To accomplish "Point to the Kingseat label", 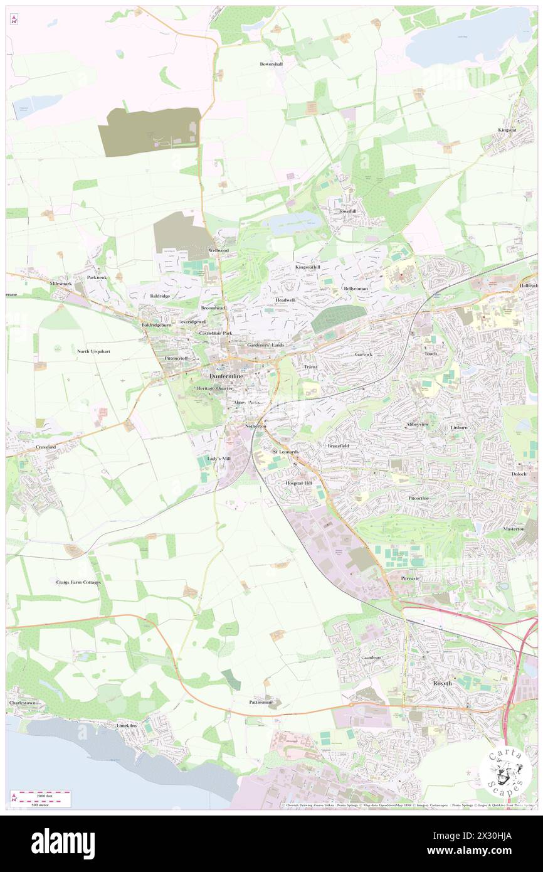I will pos(507,130).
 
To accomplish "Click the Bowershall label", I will pos(271,64).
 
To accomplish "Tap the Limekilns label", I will pos(131,725).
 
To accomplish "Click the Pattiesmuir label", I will pos(261,702).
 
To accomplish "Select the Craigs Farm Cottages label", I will pos(75,582).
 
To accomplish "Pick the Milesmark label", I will pos(61,284).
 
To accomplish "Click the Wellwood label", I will pos(219,250).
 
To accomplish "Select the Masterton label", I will pos(513,529).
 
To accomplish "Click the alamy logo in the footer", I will pos(63,844).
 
